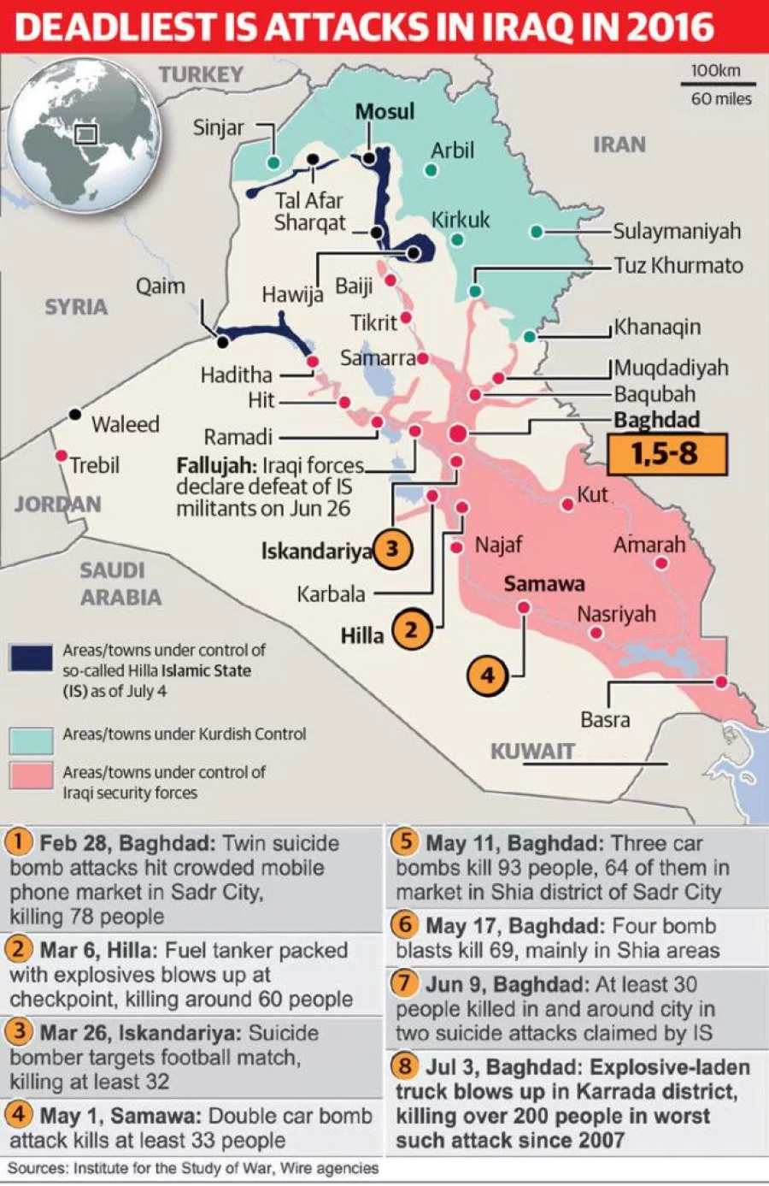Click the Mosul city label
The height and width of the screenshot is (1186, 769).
tap(384, 112)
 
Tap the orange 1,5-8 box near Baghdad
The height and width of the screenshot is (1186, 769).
tap(666, 454)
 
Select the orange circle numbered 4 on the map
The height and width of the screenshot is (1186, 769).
tap(487, 676)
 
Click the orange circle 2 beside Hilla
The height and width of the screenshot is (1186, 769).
tap(411, 631)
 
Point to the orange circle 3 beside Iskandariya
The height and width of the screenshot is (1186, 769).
tap(392, 548)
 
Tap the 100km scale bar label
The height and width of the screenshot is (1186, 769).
tap(716, 71)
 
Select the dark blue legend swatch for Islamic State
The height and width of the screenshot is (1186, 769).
tap(32, 658)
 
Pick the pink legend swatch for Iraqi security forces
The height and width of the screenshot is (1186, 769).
tap(32, 776)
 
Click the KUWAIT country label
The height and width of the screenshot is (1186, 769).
tap(532, 751)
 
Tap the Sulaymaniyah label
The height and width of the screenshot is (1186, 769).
tap(677, 232)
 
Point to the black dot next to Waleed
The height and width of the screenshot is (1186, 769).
tap(75, 414)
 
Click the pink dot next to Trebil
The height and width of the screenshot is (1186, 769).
tap(61, 456)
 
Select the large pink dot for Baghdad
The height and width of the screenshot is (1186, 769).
tap(459, 434)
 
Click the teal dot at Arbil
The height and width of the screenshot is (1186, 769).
tap(431, 170)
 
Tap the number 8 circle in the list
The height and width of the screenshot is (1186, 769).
tap(406, 1066)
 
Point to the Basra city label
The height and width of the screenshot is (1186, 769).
tap(605, 720)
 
